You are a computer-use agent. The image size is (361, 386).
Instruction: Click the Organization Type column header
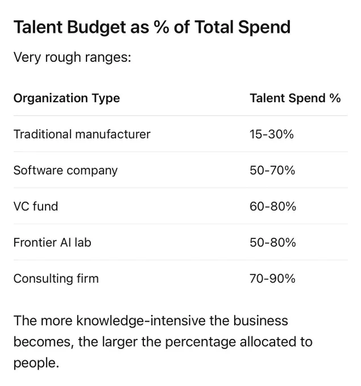coord(67,98)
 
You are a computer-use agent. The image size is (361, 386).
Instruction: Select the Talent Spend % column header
coord(295,98)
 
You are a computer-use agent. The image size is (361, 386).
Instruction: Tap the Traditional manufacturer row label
coord(82,135)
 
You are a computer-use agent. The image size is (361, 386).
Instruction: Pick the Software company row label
coord(65,171)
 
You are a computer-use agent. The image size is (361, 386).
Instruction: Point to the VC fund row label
coord(36,206)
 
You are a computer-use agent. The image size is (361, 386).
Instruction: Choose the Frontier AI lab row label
coord(52,242)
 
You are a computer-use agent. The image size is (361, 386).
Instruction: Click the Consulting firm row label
coord(56,279)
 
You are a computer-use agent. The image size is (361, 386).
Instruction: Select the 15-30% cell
coord(272,135)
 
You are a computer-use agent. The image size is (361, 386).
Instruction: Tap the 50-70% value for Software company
coord(272,170)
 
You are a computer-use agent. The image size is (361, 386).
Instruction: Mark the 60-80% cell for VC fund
coord(273,206)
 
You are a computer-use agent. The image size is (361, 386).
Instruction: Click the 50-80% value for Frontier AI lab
coord(273,242)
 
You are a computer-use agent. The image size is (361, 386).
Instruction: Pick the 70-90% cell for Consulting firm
coord(272,279)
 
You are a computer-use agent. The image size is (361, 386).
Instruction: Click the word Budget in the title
coord(97,28)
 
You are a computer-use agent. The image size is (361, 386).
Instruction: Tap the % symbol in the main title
coord(161,27)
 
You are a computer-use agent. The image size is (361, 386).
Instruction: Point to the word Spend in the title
coord(264,28)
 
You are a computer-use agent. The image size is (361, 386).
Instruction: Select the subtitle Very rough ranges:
coord(72,57)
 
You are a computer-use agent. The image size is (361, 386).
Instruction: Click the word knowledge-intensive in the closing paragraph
coord(141,321)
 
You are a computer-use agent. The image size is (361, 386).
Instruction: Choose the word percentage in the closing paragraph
coord(201,342)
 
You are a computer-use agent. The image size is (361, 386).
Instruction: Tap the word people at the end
coord(36,364)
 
